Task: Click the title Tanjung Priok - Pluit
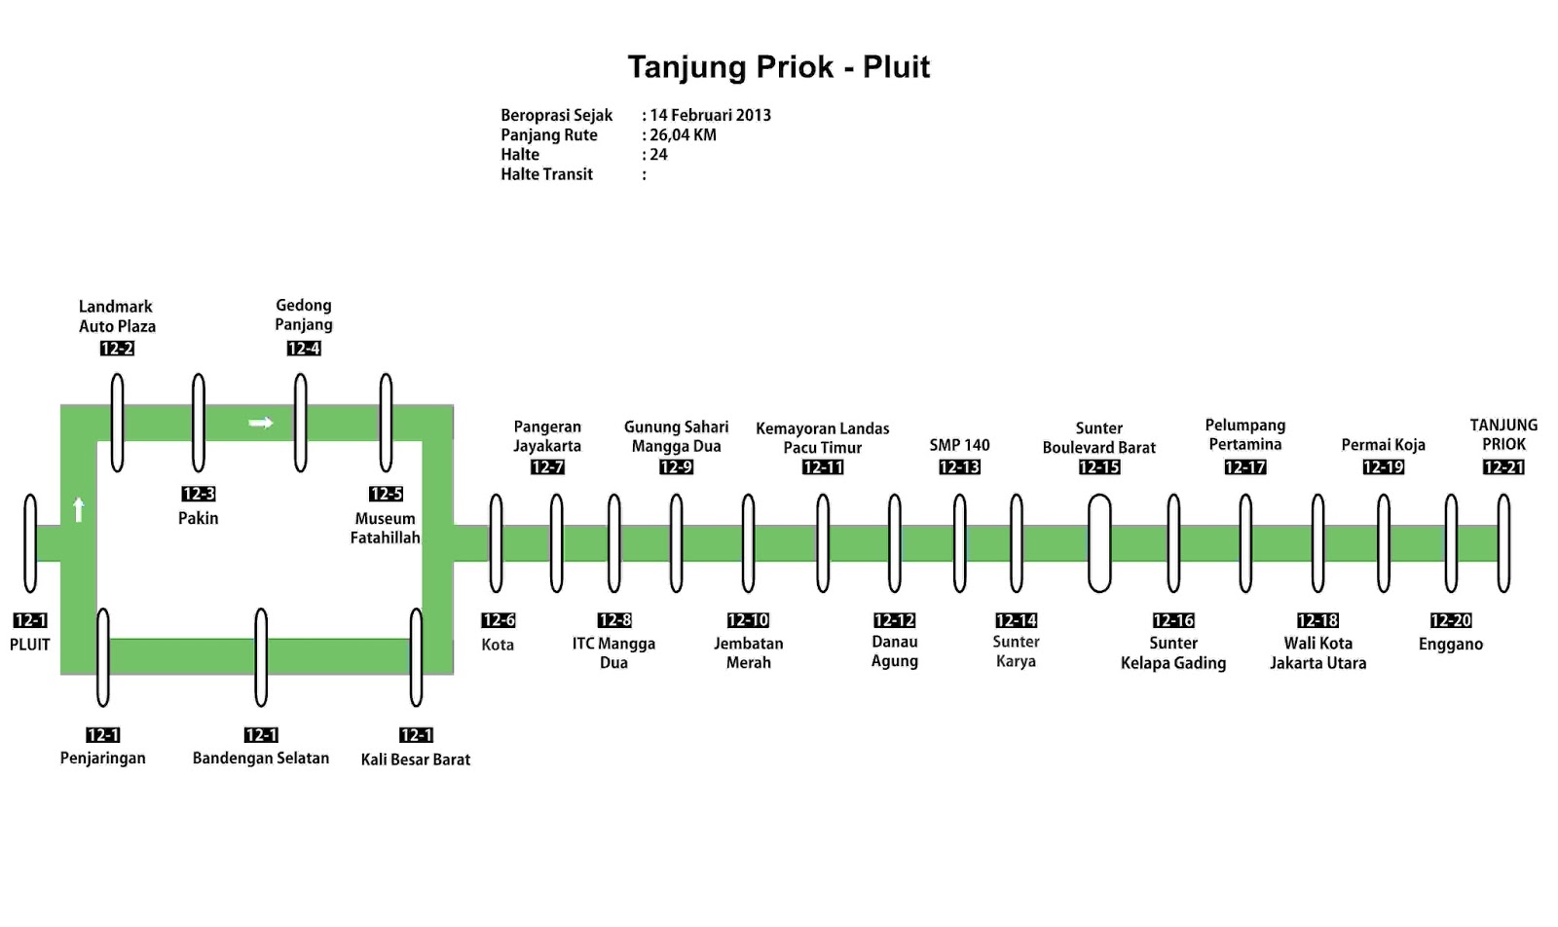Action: click(778, 67)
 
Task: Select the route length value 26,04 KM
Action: click(683, 135)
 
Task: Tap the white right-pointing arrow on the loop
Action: click(260, 423)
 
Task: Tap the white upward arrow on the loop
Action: click(79, 508)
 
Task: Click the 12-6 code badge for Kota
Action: click(498, 620)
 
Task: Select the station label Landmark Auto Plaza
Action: click(117, 316)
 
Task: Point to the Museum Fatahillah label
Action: click(385, 528)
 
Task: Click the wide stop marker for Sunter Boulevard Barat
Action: click(1099, 542)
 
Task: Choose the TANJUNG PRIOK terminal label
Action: click(1503, 434)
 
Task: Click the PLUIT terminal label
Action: click(30, 645)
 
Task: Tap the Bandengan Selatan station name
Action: click(261, 758)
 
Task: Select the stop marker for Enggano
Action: click(1451, 542)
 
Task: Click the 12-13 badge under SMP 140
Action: click(959, 467)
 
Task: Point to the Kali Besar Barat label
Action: click(416, 760)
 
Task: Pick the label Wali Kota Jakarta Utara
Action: click(1317, 652)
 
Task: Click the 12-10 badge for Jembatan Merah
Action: click(748, 620)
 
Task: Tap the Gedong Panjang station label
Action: click(304, 315)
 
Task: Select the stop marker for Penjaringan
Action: click(103, 656)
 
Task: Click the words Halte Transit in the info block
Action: click(546, 174)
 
